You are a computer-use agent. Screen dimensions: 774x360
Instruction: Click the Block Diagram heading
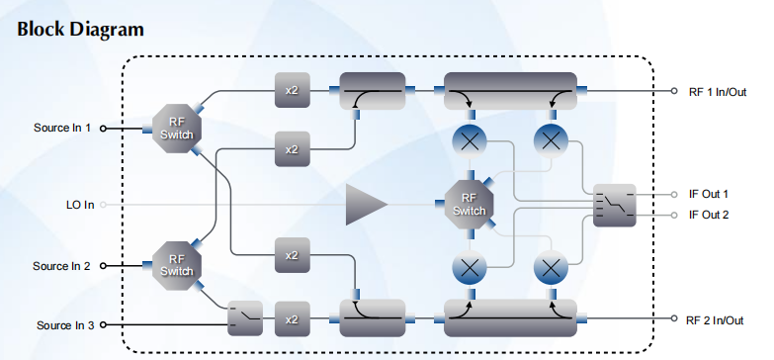(80, 30)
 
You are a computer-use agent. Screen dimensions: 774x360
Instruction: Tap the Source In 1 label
(62, 128)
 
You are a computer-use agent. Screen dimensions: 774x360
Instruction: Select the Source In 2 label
(61, 266)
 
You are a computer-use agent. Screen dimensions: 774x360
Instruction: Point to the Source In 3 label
(65, 325)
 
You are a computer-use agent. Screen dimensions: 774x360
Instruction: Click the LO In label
(80, 205)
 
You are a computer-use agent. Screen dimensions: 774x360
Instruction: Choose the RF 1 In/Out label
(718, 92)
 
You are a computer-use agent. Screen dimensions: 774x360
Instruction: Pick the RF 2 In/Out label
(715, 320)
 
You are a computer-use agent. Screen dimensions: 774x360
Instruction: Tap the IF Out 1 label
(709, 194)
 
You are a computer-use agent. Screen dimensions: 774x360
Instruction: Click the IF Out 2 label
(709, 215)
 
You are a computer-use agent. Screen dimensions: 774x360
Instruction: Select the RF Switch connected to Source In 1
(177, 129)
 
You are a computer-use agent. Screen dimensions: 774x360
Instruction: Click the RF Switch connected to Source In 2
(177, 266)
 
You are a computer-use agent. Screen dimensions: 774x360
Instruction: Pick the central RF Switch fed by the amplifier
(469, 204)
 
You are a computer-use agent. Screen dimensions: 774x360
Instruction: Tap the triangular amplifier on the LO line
(367, 204)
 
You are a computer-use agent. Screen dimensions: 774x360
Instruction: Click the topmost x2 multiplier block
(293, 90)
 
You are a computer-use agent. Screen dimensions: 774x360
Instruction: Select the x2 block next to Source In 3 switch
(293, 319)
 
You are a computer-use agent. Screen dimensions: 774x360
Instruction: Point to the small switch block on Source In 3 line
(245, 318)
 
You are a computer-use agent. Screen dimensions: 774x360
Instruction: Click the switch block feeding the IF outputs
(614, 206)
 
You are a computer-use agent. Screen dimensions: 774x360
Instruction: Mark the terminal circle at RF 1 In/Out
(674, 91)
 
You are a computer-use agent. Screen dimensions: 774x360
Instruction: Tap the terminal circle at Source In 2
(103, 266)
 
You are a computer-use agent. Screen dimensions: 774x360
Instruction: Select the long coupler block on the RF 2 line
(510, 318)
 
